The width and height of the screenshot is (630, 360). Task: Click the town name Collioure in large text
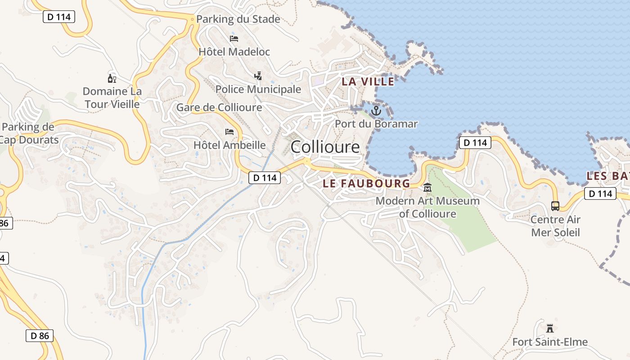coord(325,147)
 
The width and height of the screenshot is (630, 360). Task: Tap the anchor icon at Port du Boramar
coord(376,110)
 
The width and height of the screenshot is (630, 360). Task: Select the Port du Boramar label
coord(376,124)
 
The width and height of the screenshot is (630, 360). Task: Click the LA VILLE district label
coord(368,81)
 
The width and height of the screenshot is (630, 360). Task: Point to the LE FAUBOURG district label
coord(367,183)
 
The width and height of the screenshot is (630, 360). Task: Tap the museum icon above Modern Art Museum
coord(427,188)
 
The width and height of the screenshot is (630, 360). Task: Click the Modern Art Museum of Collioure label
coord(427,207)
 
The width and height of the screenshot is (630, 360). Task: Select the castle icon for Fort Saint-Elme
coord(549,328)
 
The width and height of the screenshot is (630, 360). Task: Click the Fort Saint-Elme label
coord(550,342)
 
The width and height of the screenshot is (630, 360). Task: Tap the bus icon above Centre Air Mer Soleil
coord(555,206)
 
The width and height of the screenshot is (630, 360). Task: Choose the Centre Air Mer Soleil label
coord(555,226)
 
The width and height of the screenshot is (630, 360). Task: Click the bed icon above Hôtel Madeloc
coord(234,38)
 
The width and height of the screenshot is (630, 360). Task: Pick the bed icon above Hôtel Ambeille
coord(229,132)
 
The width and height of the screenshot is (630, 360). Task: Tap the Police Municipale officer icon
coord(258,76)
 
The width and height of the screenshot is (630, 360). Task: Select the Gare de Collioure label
coord(219,108)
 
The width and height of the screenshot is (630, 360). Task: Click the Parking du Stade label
coord(238,19)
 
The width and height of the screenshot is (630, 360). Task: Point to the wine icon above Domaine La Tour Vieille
coord(112,78)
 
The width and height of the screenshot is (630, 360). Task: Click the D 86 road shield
coord(39,335)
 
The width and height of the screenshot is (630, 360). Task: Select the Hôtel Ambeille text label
coord(229,145)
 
